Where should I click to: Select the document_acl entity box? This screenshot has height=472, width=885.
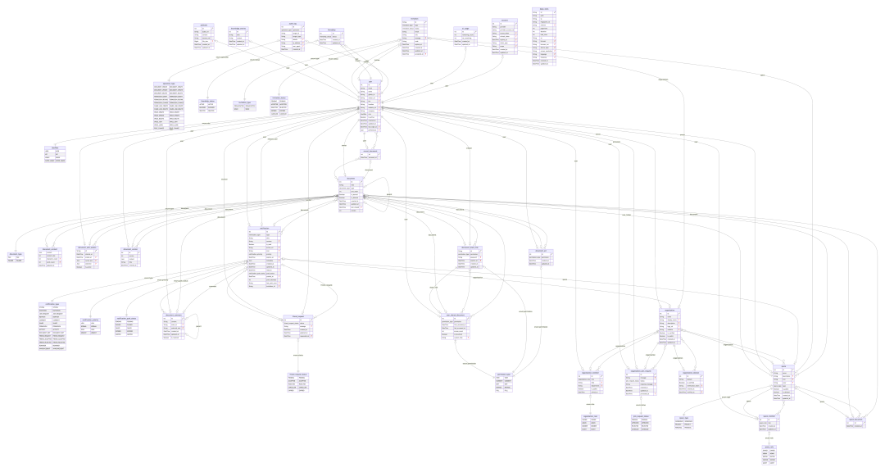540,256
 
